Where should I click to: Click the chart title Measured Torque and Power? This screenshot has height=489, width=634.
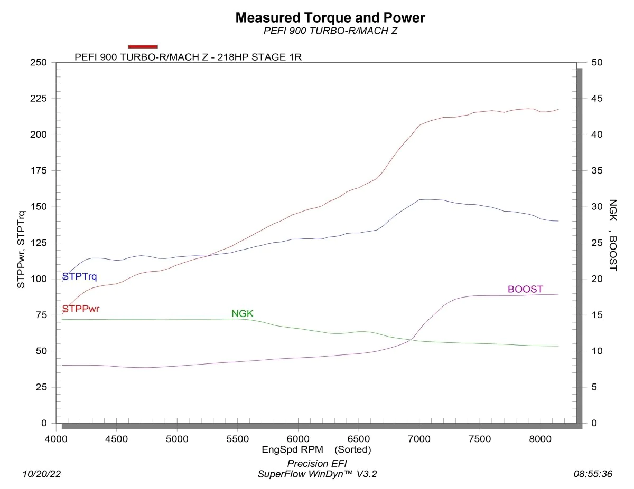tap(330, 17)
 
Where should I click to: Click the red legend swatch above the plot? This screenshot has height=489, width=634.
tap(143, 46)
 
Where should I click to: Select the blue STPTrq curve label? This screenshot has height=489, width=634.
tap(79, 276)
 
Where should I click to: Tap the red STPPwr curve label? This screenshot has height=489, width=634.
tap(81, 309)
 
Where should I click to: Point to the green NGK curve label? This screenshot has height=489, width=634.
tap(243, 314)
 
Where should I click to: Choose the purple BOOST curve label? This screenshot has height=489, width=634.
tap(525, 289)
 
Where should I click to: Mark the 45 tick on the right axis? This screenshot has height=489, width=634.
tap(597, 99)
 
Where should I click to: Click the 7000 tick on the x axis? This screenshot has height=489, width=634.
tap(419, 439)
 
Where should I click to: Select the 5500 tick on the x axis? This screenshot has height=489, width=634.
tap(238, 439)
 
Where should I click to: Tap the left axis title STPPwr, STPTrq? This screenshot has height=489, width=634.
tap(21, 243)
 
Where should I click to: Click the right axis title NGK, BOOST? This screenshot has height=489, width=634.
tap(613, 235)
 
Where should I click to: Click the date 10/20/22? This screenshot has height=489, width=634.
tap(42, 474)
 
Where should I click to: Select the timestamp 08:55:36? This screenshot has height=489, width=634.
tap(593, 474)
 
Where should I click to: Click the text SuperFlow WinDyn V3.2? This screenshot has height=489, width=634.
tap(317, 474)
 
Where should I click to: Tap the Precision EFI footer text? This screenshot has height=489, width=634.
tap(317, 463)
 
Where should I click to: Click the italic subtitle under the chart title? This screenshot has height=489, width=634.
tap(330, 31)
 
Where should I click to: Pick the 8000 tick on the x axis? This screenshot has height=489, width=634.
tap(540, 439)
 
